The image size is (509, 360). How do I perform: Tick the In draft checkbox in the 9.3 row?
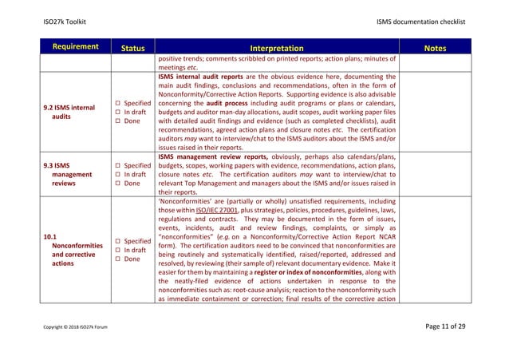[117, 175]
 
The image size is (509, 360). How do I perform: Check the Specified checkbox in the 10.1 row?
[117, 240]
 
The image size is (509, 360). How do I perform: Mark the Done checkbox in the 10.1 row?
[117, 259]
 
